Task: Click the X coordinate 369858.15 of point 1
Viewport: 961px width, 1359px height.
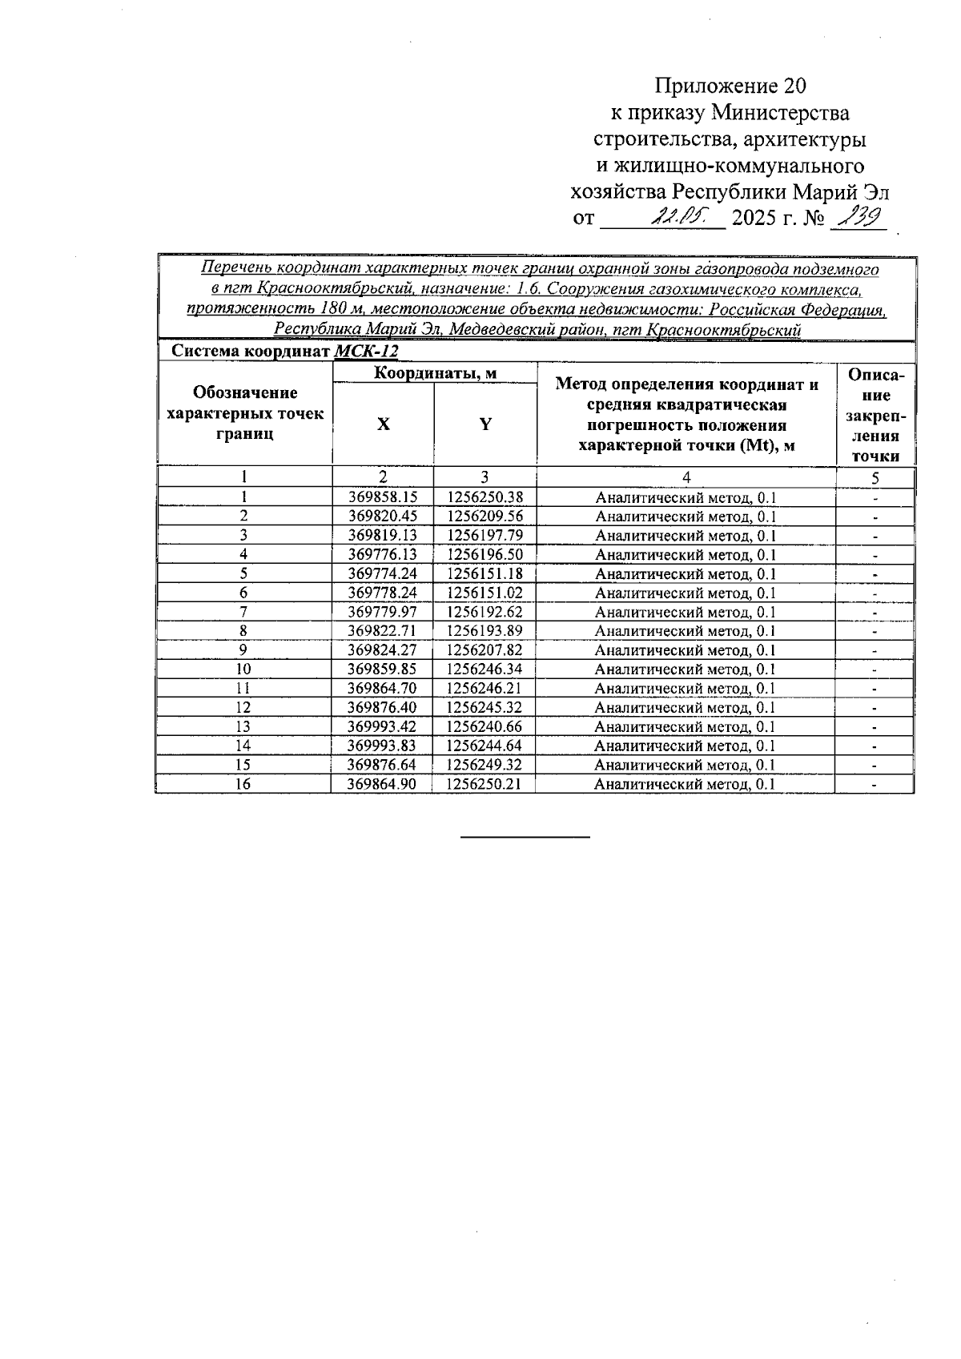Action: point(383,497)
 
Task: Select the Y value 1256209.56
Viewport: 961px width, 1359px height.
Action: point(485,517)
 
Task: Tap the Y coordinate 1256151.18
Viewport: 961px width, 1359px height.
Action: point(485,573)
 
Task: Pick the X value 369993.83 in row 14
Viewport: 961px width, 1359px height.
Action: point(382,746)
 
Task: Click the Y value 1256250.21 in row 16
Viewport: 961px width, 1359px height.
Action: point(485,784)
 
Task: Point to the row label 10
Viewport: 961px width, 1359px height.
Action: point(243,669)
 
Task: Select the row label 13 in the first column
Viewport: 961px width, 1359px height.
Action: point(243,726)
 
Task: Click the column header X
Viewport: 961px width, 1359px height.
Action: point(384,424)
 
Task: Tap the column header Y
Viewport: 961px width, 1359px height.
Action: point(485,424)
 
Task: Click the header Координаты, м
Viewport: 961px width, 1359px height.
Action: point(436,372)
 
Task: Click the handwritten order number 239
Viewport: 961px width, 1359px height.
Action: point(857,215)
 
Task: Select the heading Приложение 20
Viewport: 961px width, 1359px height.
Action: point(730,86)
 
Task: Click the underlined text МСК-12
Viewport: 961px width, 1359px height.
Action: point(366,352)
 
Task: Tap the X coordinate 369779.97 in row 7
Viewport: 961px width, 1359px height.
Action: point(383,612)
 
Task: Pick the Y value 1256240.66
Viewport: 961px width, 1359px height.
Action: point(485,726)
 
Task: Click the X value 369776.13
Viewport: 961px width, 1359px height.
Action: point(383,554)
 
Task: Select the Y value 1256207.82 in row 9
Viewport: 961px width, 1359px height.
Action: point(485,650)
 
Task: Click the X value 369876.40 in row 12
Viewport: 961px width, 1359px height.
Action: point(383,707)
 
